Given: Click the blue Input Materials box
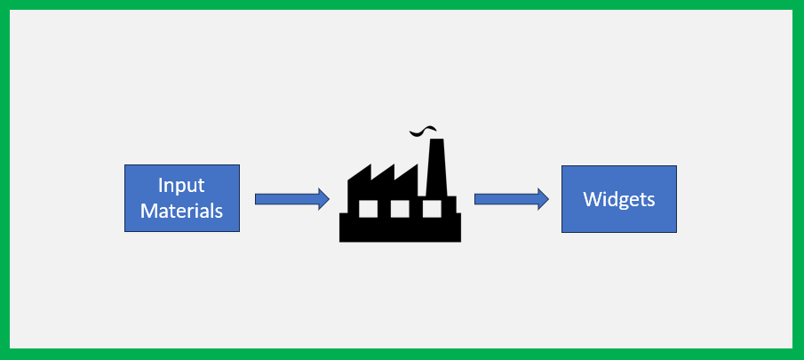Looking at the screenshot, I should point(181,198).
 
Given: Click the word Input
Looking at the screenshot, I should point(181,186).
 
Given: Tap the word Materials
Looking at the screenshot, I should point(181,212).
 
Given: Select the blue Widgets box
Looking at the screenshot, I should point(618,198).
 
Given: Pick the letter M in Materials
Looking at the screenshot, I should point(149,212).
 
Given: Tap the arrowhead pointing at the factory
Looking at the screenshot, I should point(323,199).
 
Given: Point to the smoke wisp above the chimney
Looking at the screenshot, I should point(424,132).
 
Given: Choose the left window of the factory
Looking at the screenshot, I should point(367,208).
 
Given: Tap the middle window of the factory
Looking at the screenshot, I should point(400,208).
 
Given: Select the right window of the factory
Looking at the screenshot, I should point(432,208).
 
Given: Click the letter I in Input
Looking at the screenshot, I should point(161,186).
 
